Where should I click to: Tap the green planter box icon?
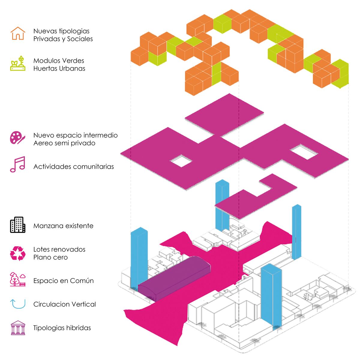(18, 64)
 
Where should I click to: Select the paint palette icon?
(17, 138)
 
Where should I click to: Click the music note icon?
(18, 164)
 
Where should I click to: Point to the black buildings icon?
(18, 225)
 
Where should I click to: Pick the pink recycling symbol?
(18, 253)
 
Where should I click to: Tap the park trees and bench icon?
(18, 279)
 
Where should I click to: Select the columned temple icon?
(18, 328)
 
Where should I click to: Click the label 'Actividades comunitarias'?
(73, 167)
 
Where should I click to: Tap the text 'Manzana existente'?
(63, 226)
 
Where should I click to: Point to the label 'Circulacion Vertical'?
(64, 304)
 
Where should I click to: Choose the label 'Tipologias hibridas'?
(62, 328)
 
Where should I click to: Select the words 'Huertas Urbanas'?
(59, 68)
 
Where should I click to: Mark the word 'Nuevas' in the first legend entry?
(45, 31)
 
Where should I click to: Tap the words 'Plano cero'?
(50, 257)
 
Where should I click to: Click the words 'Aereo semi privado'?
(64, 143)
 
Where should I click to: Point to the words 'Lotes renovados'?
(59, 249)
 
